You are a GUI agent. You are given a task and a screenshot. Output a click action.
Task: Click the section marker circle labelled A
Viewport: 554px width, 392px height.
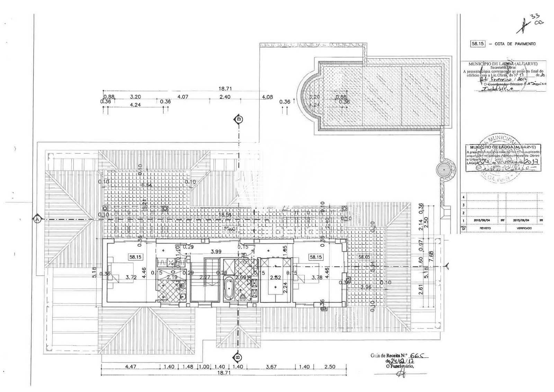coord(37,219)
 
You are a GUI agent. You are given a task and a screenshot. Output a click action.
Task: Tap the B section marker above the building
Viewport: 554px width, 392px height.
coord(238,119)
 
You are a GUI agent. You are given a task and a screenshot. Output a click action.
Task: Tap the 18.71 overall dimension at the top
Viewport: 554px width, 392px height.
coord(225,89)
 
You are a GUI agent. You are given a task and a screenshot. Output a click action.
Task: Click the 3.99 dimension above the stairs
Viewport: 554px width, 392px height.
coord(216,251)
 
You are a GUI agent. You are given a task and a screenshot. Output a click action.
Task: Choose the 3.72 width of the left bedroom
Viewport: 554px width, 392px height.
coord(131,277)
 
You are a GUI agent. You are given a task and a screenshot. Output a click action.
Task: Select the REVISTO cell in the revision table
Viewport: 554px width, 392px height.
coord(482,229)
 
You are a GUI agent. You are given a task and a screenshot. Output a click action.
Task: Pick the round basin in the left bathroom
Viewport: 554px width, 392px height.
coord(182,296)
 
